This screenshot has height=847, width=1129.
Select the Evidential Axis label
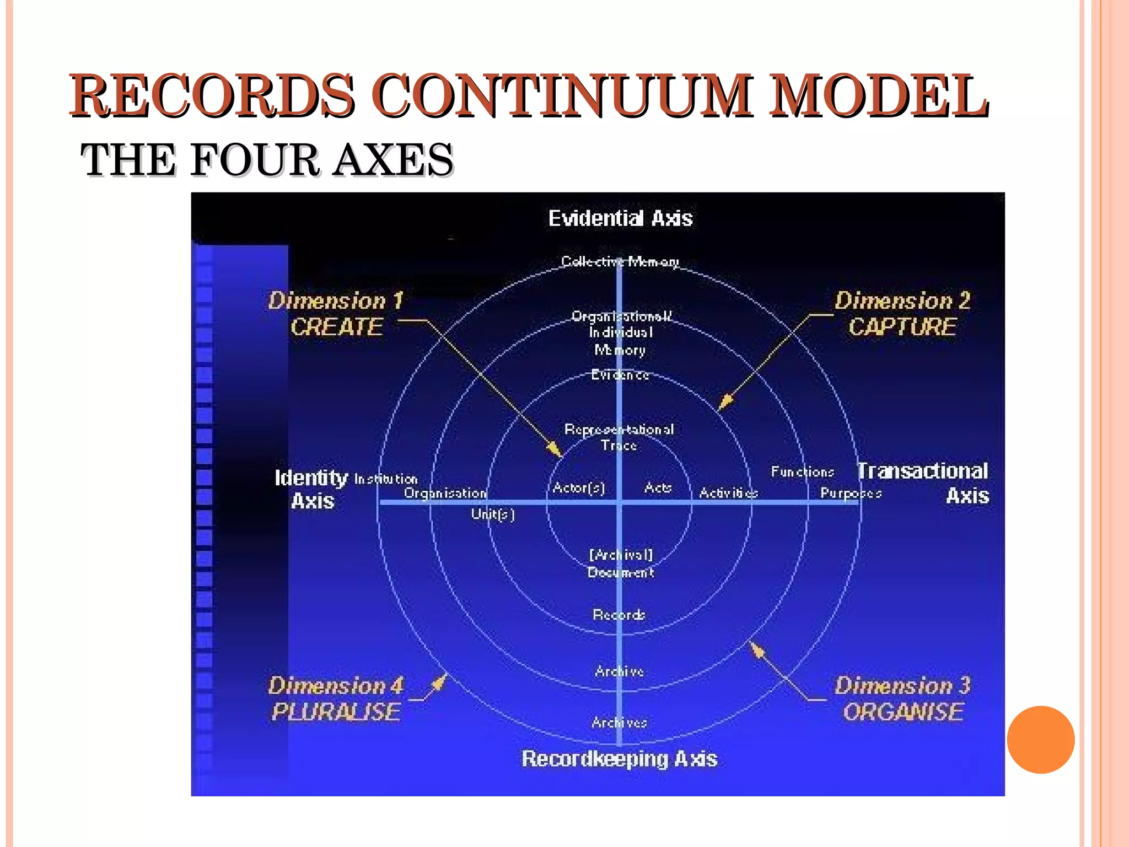point(620,218)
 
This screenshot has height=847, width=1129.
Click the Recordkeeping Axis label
point(619,759)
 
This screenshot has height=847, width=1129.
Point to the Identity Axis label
point(311,489)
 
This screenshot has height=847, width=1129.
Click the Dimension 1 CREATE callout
point(336,314)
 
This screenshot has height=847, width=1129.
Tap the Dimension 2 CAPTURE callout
point(902,314)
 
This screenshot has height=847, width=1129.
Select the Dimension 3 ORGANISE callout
point(902,699)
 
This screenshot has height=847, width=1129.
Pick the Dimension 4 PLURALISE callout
point(336,699)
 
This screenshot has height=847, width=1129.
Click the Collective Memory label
point(620,261)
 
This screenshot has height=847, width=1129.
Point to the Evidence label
point(620,375)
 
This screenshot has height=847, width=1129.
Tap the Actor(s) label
point(579,488)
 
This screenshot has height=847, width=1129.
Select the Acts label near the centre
point(658,488)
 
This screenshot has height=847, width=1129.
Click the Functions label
point(802,472)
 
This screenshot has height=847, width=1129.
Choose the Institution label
point(386,479)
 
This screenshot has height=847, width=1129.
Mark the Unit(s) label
point(493,514)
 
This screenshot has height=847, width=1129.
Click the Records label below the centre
point(619,615)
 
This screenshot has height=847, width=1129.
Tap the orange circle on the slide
point(1041,739)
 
